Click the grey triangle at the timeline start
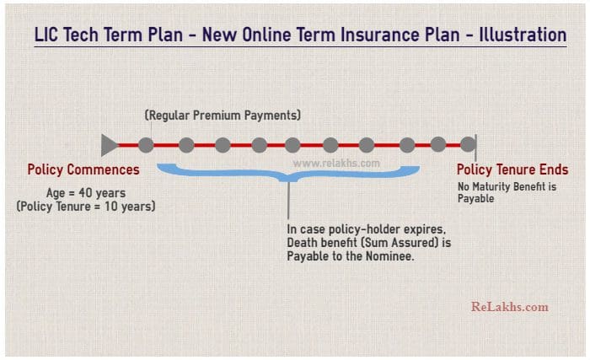pyautogui.click(x=110, y=145)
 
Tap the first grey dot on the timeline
pyautogui.click(x=146, y=145)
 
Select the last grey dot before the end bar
pyautogui.click(x=438, y=145)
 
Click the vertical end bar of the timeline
pyautogui.click(x=475, y=145)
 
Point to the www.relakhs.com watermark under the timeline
pyautogui.click(x=336, y=164)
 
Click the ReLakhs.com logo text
pyautogui.click(x=509, y=306)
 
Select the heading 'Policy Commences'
pyautogui.click(x=83, y=169)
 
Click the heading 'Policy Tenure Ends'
pyautogui.click(x=512, y=169)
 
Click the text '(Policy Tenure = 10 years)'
pyautogui.click(x=86, y=206)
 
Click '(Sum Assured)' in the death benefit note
pyautogui.click(x=396, y=243)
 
